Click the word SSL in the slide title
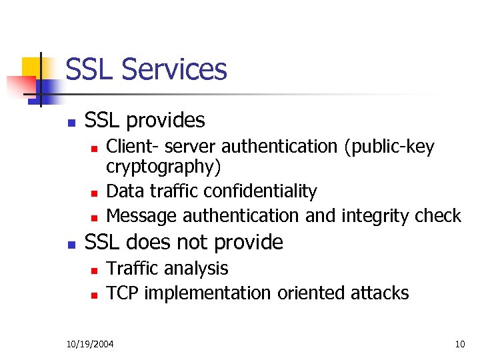(90, 69)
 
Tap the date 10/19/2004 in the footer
(90, 344)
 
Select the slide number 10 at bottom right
(459, 344)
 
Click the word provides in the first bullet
(165, 121)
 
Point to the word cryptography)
(163, 165)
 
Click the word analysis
(198, 269)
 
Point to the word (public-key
(389, 147)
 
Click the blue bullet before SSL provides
(71, 122)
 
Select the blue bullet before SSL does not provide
(71, 243)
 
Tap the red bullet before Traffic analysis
(94, 270)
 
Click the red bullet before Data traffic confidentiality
(94, 193)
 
